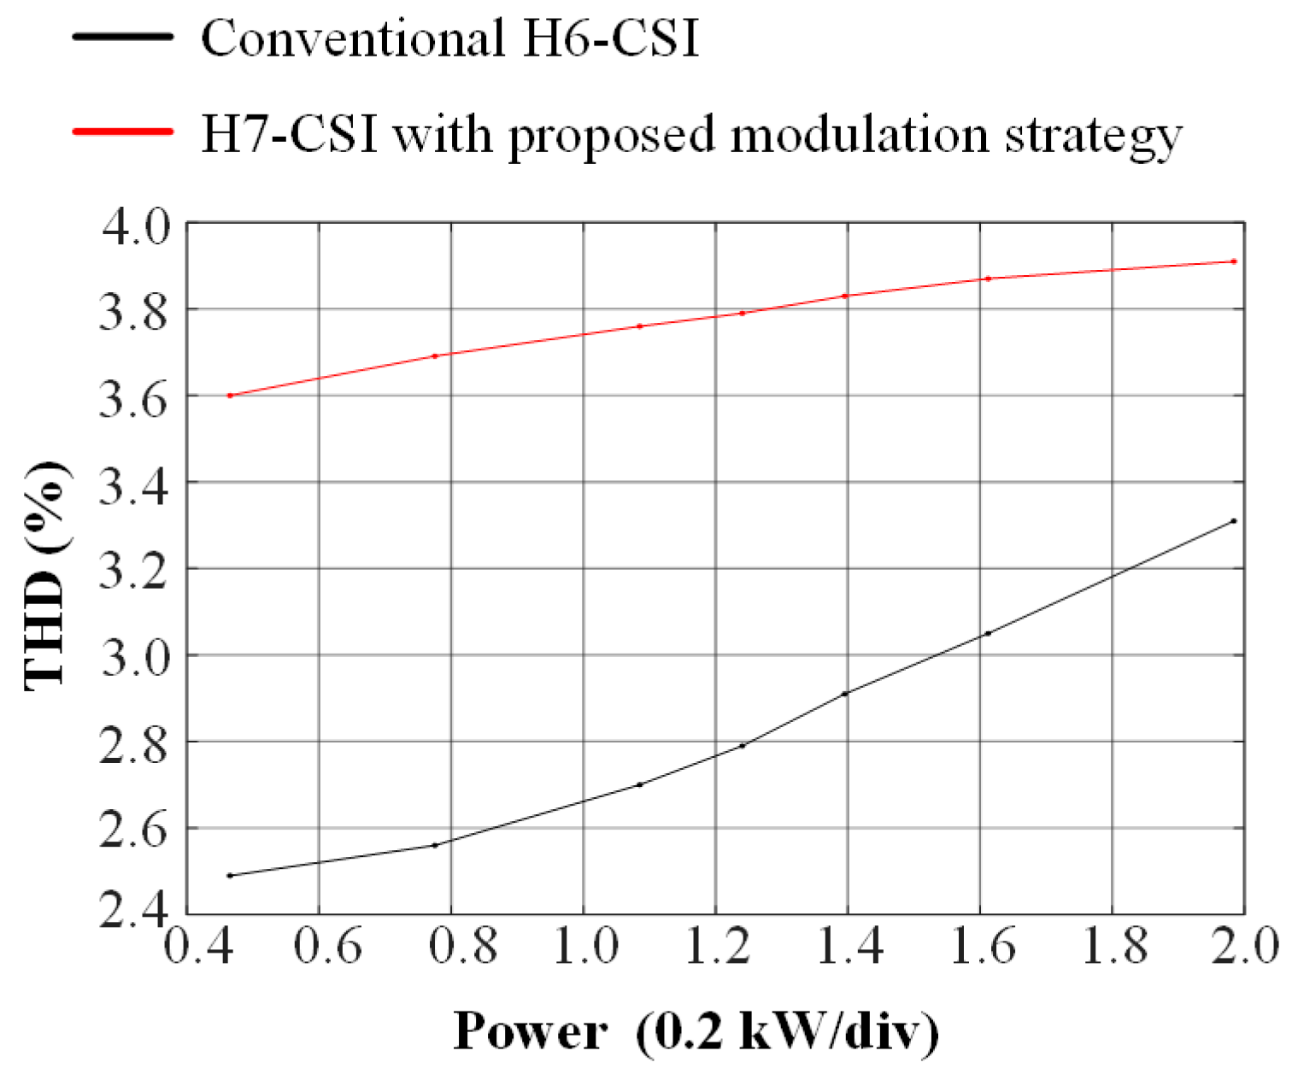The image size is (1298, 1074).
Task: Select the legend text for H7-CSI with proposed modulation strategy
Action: pyautogui.click(x=690, y=133)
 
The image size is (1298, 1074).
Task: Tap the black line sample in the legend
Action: pyautogui.click(x=123, y=37)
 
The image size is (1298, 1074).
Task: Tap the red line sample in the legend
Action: pyautogui.click(x=123, y=132)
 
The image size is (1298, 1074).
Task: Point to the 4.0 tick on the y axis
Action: pyautogui.click(x=137, y=224)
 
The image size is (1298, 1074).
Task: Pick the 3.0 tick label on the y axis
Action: pyautogui.click(x=137, y=655)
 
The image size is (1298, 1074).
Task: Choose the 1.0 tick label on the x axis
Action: pyautogui.click(x=584, y=948)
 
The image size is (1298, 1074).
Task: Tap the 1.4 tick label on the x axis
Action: pyautogui.click(x=848, y=948)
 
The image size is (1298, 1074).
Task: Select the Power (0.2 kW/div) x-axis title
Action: pyautogui.click(x=696, y=1030)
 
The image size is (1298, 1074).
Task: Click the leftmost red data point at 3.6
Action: pyautogui.click(x=230, y=396)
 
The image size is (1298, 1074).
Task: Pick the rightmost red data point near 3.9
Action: pyautogui.click(x=1234, y=261)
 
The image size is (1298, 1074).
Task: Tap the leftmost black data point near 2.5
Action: pyautogui.click(x=230, y=876)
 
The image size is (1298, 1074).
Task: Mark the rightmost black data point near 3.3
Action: pyautogui.click(x=1234, y=520)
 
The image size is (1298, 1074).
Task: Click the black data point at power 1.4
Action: pyautogui.click(x=845, y=694)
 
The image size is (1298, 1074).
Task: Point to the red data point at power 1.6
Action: pyautogui.click(x=988, y=279)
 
